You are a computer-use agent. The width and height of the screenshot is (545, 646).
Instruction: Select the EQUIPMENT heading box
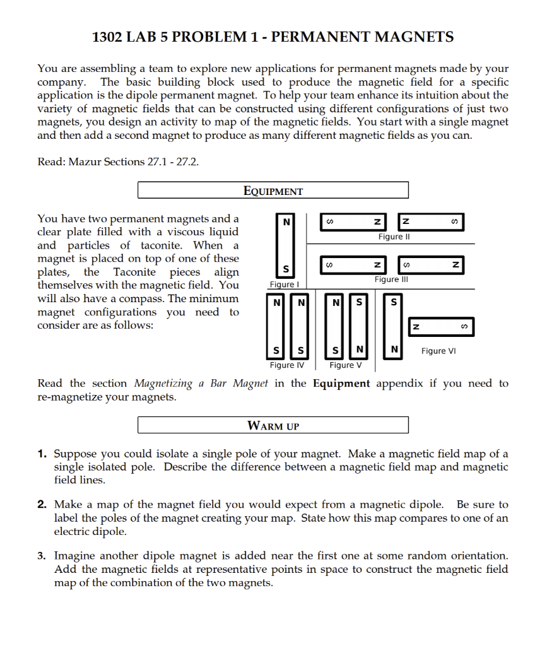pyautogui.click(x=272, y=191)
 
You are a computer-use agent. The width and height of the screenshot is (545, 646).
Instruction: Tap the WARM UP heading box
pyautogui.click(x=272, y=425)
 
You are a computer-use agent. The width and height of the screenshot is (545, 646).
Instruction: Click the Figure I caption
pyautogui.click(x=283, y=285)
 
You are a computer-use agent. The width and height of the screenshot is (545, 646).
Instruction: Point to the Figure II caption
pyautogui.click(x=394, y=237)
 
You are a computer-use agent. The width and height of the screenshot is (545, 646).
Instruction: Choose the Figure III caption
pyautogui.click(x=391, y=279)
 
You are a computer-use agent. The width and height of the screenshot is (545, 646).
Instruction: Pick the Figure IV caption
pyautogui.click(x=286, y=365)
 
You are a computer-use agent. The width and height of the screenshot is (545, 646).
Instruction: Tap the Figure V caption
pyautogui.click(x=346, y=365)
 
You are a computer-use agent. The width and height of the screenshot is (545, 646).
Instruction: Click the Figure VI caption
pyautogui.click(x=439, y=351)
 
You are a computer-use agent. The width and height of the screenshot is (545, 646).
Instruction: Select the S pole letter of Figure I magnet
pyautogui.click(x=286, y=270)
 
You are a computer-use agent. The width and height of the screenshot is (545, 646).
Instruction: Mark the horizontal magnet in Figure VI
pyautogui.click(x=441, y=327)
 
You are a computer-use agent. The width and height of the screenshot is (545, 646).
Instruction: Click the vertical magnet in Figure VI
pyautogui.click(x=395, y=326)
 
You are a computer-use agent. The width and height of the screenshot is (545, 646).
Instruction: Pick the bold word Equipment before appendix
pyautogui.click(x=341, y=384)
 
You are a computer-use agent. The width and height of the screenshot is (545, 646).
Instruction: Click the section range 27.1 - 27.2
pyautogui.click(x=172, y=161)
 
